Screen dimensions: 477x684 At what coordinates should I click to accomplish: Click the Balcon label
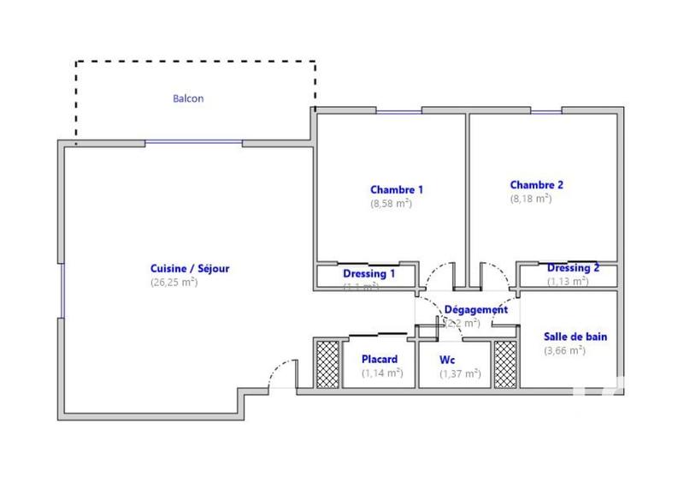[187, 98]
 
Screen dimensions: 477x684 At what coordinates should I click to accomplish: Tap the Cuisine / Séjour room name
[190, 268]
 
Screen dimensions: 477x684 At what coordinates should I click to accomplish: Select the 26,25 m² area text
[174, 282]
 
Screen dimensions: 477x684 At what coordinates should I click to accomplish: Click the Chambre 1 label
[396, 189]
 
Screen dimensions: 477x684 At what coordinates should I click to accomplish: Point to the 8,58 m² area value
[391, 204]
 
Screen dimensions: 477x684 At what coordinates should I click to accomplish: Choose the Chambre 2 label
[537, 184]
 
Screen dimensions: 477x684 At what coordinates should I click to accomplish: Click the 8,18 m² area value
[531, 198]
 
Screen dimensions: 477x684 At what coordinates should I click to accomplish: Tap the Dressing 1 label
[369, 274]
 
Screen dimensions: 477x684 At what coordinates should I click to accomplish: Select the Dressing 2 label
[573, 267]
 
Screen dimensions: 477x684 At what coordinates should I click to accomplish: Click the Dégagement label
[476, 309]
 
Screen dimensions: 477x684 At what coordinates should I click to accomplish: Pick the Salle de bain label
[575, 337]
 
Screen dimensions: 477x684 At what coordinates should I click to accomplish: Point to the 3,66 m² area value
[564, 350]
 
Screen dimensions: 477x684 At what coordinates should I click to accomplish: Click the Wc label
[446, 360]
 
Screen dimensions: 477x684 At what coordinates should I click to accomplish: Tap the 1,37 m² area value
[460, 373]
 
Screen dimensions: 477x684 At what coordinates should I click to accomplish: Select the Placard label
[380, 359]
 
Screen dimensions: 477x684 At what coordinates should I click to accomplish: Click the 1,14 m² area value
[382, 373]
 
